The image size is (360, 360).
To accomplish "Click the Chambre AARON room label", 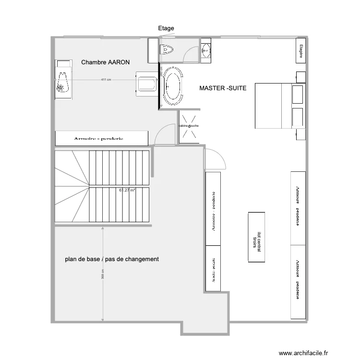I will tap(106, 62).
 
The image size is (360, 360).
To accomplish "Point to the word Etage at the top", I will tap(166, 28).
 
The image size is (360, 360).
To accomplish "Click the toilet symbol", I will tap(168, 49).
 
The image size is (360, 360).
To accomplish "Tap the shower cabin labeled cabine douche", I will tap(189, 126).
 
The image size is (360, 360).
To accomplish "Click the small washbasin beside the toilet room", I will tap(206, 49).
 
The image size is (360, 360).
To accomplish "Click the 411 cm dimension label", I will tap(106, 80).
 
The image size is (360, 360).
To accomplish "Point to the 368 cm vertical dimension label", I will tap(102, 274).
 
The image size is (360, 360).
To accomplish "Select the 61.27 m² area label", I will tap(127, 190).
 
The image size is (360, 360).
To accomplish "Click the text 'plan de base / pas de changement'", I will tap(112, 259).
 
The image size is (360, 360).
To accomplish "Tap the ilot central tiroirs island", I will tap(256, 237).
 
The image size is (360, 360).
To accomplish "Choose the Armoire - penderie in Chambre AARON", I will tap(101, 138).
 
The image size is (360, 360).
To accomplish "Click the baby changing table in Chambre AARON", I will tap(63, 80).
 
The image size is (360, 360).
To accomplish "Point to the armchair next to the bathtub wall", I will tap(146, 84).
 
